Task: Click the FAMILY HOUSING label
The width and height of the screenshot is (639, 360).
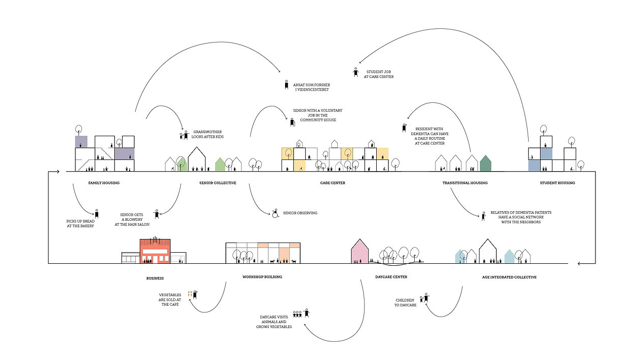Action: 104,183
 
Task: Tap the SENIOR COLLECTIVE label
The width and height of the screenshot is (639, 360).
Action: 218,183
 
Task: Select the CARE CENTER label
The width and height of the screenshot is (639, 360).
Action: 333,183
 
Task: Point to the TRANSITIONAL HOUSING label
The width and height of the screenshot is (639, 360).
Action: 465,183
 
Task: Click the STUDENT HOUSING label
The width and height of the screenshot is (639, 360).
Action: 557,183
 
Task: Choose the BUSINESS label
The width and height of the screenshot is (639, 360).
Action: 155,278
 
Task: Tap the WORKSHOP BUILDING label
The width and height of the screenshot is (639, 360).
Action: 262,277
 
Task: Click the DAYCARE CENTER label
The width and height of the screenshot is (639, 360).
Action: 391,277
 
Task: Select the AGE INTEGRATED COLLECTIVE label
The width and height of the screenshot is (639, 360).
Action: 509,277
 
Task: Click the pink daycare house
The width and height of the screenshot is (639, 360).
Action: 359,253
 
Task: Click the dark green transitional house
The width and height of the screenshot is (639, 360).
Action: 486,164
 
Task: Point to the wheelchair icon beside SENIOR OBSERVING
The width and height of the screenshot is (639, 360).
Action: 276,213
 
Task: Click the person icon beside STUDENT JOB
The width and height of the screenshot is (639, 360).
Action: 356,73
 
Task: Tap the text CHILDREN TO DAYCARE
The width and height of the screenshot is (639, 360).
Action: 406,302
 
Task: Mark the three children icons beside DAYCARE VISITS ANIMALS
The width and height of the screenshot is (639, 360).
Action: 297,314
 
